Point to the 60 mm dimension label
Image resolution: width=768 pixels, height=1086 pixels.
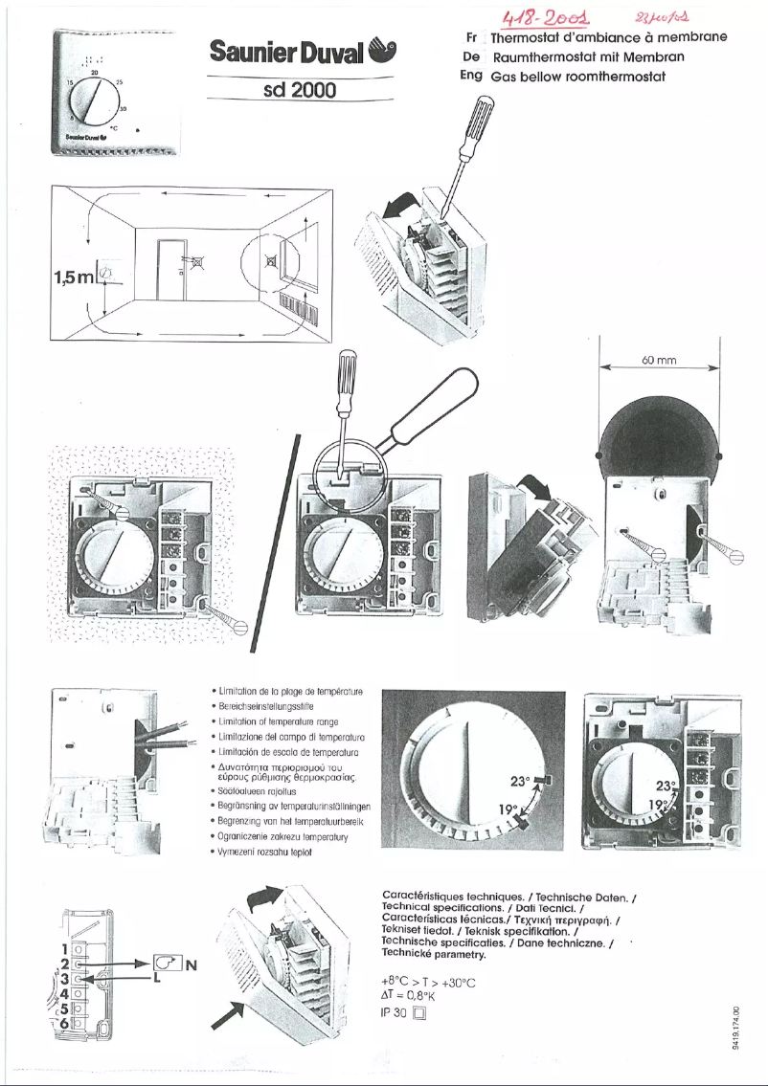click(660, 361)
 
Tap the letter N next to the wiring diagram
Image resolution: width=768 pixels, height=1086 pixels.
click(190, 964)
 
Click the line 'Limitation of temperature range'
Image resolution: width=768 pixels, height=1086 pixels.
click(277, 720)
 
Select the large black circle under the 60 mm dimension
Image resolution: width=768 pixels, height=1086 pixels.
click(659, 431)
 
